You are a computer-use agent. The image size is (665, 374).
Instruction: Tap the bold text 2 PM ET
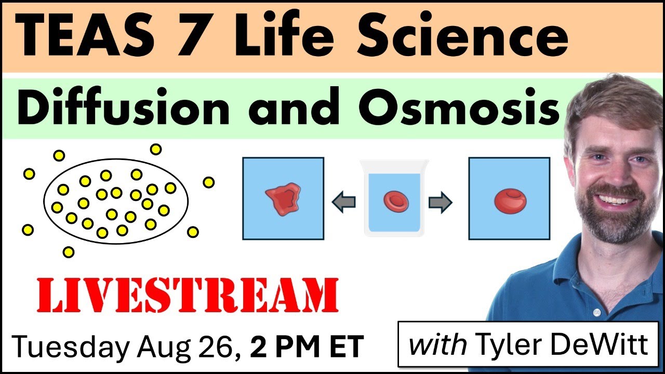click(x=306, y=346)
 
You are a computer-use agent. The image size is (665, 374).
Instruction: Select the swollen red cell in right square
click(x=510, y=201)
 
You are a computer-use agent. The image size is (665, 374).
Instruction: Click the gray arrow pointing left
click(x=343, y=203)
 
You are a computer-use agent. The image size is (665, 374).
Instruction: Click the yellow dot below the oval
click(x=68, y=252)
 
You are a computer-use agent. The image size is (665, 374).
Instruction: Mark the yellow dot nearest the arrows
click(x=208, y=182)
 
